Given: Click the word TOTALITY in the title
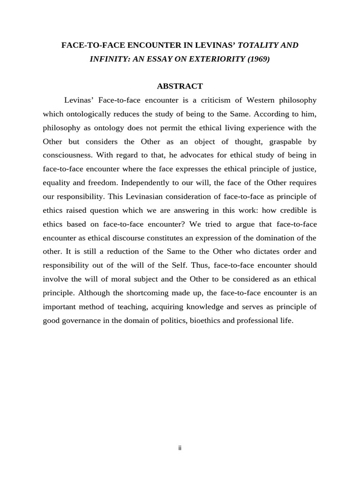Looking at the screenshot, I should tap(259, 45).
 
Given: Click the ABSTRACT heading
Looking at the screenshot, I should tap(180, 86).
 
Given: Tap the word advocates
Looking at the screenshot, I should tap(190, 155).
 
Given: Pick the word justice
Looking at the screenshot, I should tap(303, 168).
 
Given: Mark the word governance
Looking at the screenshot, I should tap(83, 321).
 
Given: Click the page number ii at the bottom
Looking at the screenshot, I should tap(180, 448).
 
